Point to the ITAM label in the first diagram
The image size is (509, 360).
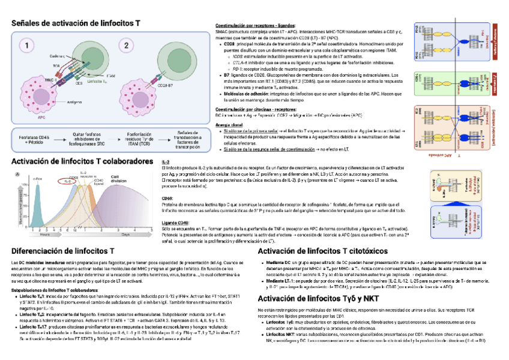(x=110, y=76)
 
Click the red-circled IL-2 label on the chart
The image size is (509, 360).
(x=67, y=181)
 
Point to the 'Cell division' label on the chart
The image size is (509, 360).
(x=118, y=178)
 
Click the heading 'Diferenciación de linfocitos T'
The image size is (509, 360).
(x=63, y=250)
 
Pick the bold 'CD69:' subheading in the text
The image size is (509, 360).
(x=168, y=197)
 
